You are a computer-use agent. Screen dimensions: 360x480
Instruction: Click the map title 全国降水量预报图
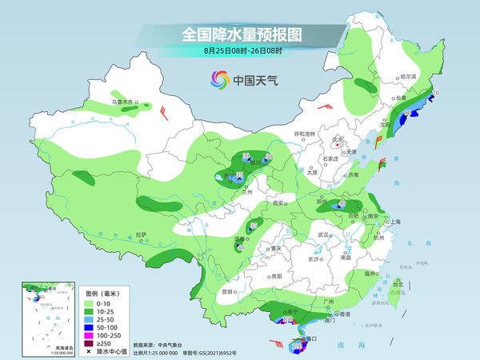(240, 34)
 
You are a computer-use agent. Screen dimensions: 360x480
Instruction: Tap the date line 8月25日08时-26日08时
(240, 51)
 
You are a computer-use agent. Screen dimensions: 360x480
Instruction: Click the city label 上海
(394, 222)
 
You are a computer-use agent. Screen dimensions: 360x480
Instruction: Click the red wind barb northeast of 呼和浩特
(324, 106)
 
